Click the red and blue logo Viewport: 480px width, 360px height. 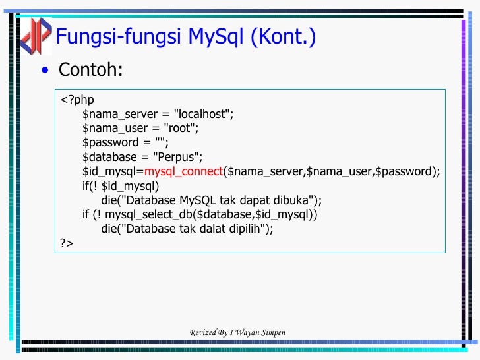pyautogui.click(x=34, y=36)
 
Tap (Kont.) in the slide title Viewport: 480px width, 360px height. pyautogui.click(x=282, y=37)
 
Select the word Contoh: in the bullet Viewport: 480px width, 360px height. pyautogui.click(x=90, y=69)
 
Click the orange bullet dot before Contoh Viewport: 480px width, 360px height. pyautogui.click(x=44, y=71)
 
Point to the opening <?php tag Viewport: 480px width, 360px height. pyautogui.click(x=77, y=100)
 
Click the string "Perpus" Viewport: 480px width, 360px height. pyautogui.click(x=178, y=157)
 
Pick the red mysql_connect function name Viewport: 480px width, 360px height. pyautogui.click(x=184, y=171)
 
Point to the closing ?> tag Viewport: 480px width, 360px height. pyautogui.click(x=67, y=243)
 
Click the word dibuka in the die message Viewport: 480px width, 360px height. pyautogui.click(x=294, y=200)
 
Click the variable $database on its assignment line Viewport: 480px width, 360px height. pyautogui.click(x=109, y=157)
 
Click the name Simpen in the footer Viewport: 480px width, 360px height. pyautogui.click(x=272, y=332)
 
